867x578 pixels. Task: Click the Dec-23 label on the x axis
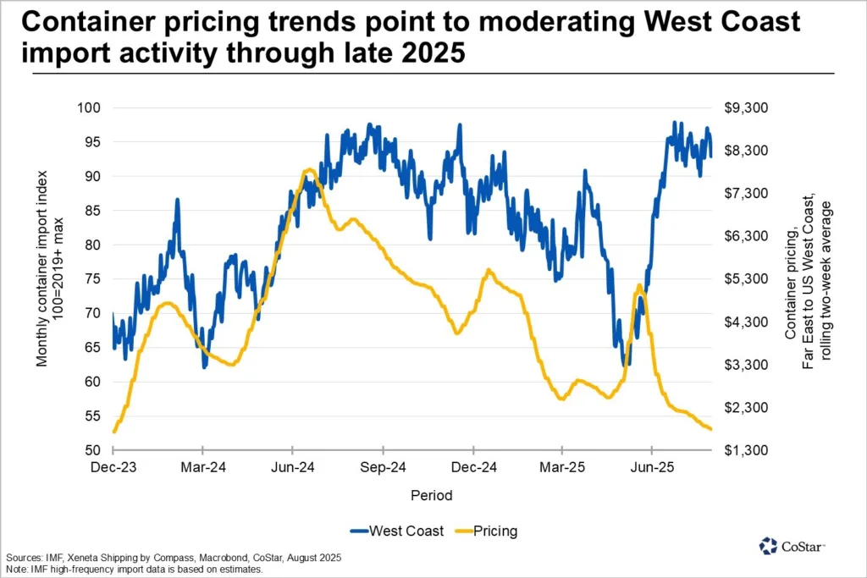click(113, 467)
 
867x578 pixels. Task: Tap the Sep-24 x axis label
click(384, 467)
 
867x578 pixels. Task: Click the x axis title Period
click(432, 495)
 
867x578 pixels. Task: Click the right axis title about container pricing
click(809, 279)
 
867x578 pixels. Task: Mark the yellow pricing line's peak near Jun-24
click(308, 171)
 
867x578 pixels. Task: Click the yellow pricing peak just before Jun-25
click(638, 286)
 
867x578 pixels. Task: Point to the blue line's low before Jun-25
click(626, 364)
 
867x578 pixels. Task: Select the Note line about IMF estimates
click(135, 570)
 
